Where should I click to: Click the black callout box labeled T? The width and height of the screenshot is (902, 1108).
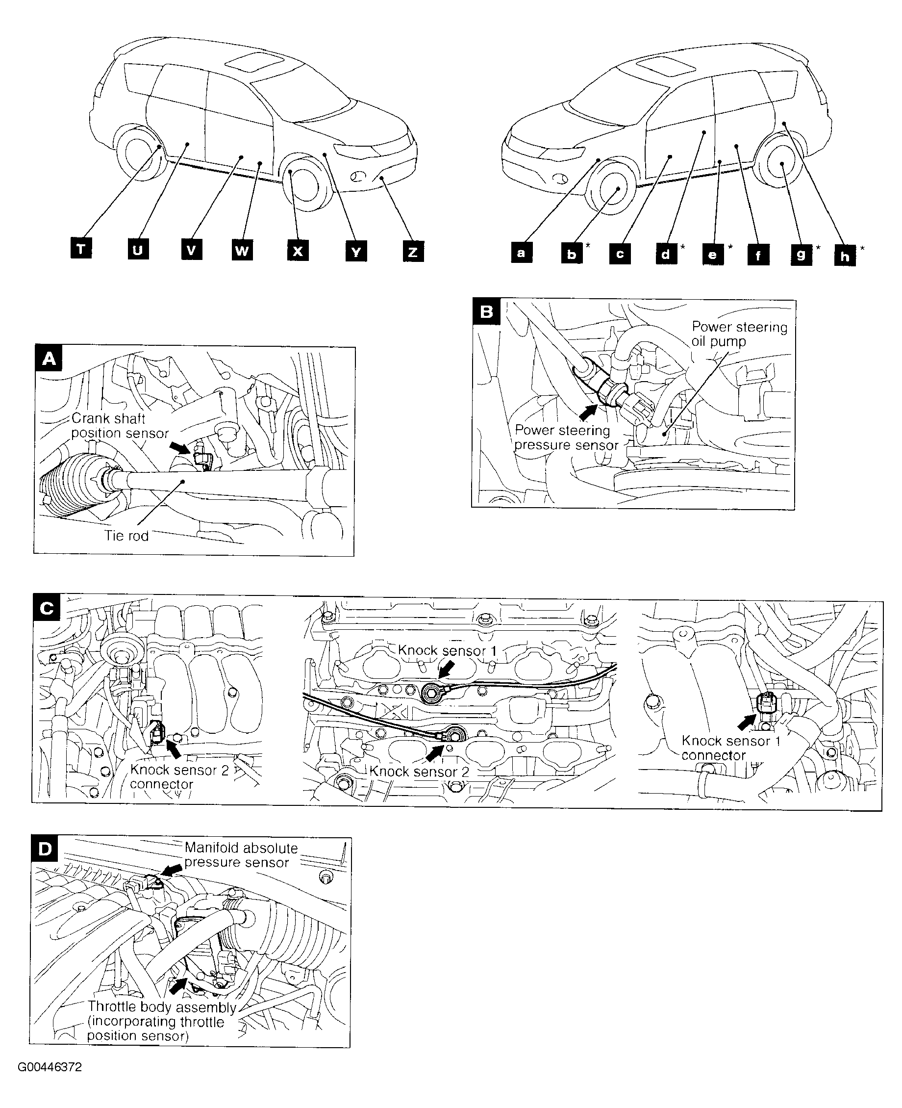click(x=81, y=249)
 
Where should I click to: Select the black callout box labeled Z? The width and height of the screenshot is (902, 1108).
click(x=413, y=252)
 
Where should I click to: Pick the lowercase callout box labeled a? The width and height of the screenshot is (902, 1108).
click(x=522, y=253)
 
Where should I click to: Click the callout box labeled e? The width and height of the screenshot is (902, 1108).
click(x=713, y=254)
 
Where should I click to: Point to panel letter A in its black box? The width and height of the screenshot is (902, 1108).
click(x=49, y=358)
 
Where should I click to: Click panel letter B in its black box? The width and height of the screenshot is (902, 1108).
click(x=486, y=311)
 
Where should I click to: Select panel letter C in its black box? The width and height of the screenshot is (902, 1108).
click(x=46, y=608)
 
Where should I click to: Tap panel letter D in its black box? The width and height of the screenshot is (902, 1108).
click(x=45, y=849)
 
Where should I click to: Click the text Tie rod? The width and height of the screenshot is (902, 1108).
click(x=126, y=536)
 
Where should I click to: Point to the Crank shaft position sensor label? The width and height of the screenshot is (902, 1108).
click(x=120, y=425)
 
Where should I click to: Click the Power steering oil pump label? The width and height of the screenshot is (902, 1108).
click(x=739, y=334)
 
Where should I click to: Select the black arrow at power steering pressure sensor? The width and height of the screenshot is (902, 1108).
click(x=588, y=412)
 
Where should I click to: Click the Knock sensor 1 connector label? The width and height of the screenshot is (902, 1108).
click(x=730, y=747)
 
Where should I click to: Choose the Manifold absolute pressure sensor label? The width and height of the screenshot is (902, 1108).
click(x=241, y=855)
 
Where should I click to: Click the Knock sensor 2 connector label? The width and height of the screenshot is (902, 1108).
click(x=179, y=777)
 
